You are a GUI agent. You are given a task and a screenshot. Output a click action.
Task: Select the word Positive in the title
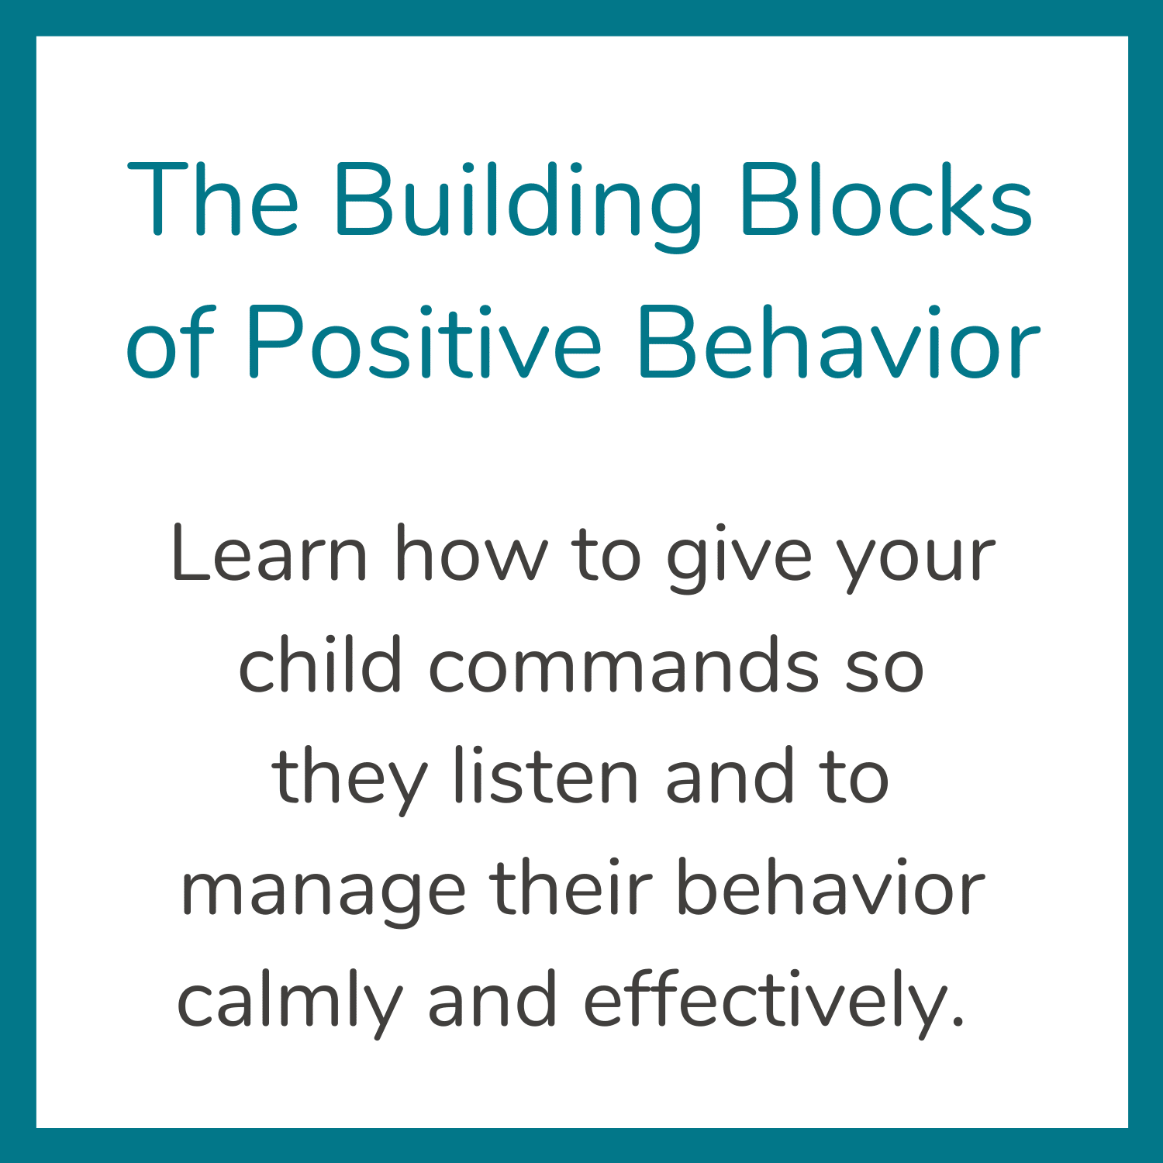tap(423, 341)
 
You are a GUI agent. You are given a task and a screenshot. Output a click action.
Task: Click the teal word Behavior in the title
tap(839, 341)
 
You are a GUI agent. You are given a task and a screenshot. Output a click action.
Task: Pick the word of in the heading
tap(169, 341)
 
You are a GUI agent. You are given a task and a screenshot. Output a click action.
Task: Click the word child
tap(320, 664)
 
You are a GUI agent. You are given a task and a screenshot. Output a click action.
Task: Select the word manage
tap(323, 894)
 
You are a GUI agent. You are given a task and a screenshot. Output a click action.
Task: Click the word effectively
tap(774, 1005)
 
